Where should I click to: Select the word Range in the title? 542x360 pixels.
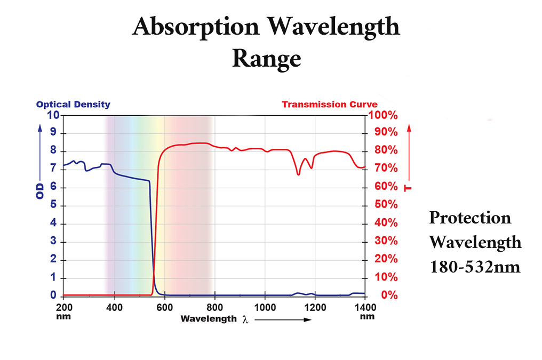tap(266, 58)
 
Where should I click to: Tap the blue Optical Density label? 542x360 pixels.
tap(73, 105)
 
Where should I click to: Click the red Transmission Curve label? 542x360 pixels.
tap(329, 105)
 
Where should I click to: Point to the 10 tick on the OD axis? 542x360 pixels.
tap(53, 115)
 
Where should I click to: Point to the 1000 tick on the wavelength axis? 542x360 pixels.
tap(265, 307)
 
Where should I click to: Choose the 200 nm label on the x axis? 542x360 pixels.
tap(63, 311)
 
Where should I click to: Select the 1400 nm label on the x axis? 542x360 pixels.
tap(366, 311)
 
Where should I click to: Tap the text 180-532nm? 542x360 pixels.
tap(475, 266)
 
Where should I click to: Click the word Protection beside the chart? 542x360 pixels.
tap(470, 218)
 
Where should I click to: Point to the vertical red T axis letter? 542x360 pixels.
tap(408, 188)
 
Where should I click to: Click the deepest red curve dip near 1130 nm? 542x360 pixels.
tap(298, 174)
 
